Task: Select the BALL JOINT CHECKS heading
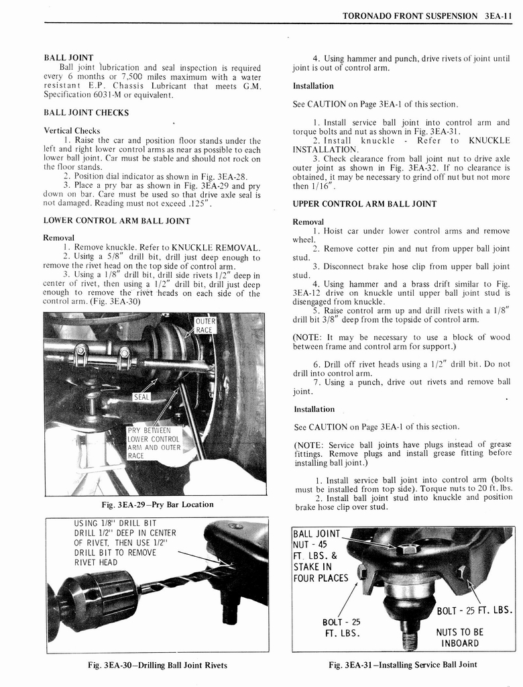pyautogui.click(x=86, y=113)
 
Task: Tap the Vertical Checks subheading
pyautogui.click(x=72, y=131)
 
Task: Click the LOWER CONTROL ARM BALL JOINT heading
pyautogui.click(x=117, y=220)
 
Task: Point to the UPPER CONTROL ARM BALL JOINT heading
pyautogui.click(x=364, y=204)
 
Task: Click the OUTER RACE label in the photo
pyautogui.click(x=204, y=326)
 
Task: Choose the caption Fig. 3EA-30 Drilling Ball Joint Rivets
pyautogui.click(x=158, y=666)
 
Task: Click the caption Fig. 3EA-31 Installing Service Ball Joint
pyautogui.click(x=403, y=665)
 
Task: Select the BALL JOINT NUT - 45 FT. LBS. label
pyautogui.click(x=321, y=556)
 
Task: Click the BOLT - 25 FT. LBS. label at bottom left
pyautogui.click(x=341, y=627)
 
